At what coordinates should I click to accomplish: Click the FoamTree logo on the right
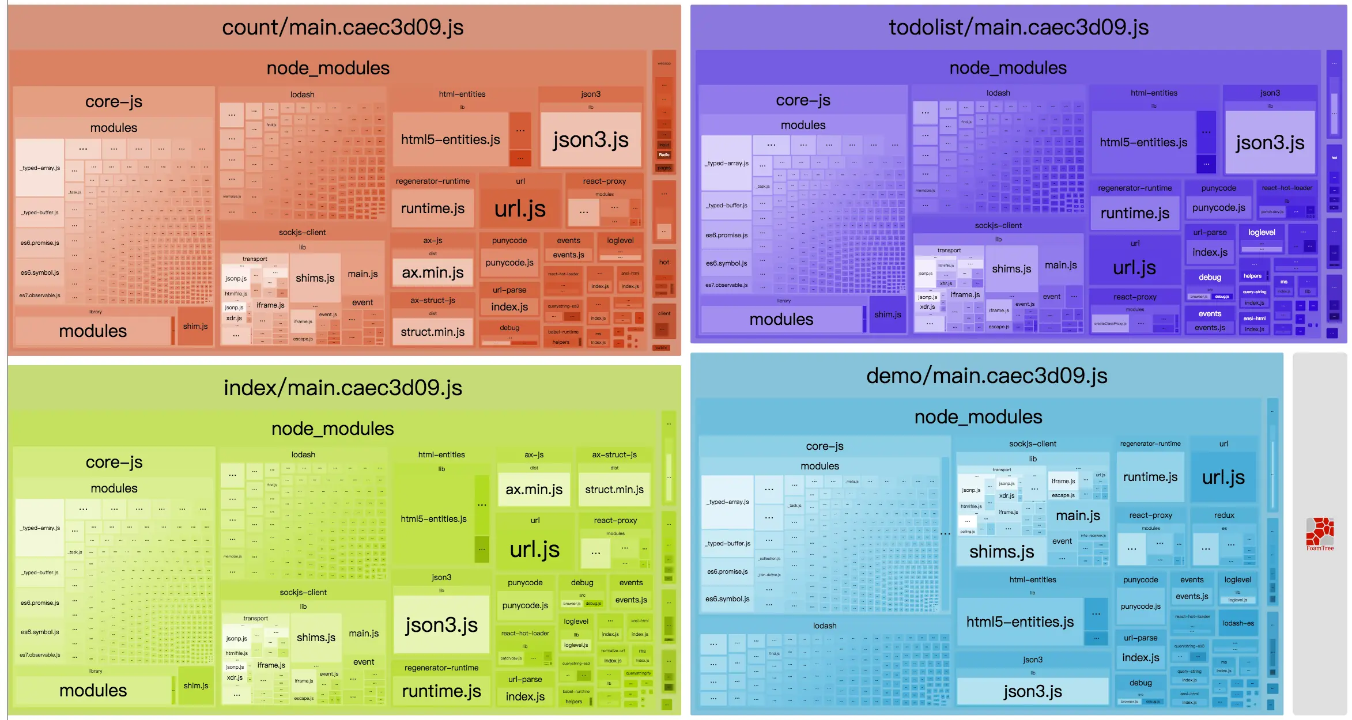[x=1320, y=533]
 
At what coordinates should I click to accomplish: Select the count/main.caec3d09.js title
[x=343, y=28]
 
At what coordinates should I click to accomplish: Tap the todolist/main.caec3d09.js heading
[x=1018, y=28]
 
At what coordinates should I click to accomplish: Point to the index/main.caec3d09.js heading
[x=343, y=388]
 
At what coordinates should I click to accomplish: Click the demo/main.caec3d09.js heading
[x=987, y=376]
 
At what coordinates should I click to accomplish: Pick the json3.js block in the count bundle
[x=591, y=140]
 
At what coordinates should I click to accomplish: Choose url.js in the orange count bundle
[x=520, y=209]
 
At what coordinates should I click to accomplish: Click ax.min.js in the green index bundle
[x=534, y=490]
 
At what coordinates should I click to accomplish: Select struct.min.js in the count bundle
[x=433, y=332]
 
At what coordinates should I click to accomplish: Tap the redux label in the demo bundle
[x=1224, y=515]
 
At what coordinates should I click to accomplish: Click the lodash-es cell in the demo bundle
[x=1238, y=623]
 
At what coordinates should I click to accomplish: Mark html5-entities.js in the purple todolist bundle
[x=1143, y=142]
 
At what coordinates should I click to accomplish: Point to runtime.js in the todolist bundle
[x=1135, y=213]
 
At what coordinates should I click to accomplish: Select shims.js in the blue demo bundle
[x=1002, y=552]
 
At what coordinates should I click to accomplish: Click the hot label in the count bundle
[x=664, y=262]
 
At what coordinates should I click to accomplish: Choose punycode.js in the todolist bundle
[x=1218, y=207]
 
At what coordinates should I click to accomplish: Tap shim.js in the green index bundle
[x=196, y=685]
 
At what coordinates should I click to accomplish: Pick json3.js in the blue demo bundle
[x=1032, y=691]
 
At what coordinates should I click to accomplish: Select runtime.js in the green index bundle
[x=441, y=691]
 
